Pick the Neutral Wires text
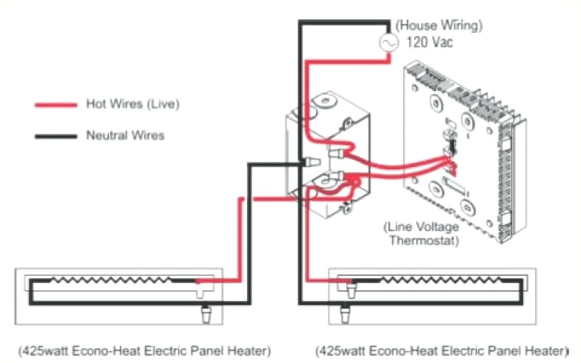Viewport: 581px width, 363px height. tap(125, 135)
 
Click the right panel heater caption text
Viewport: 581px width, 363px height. tap(441, 351)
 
